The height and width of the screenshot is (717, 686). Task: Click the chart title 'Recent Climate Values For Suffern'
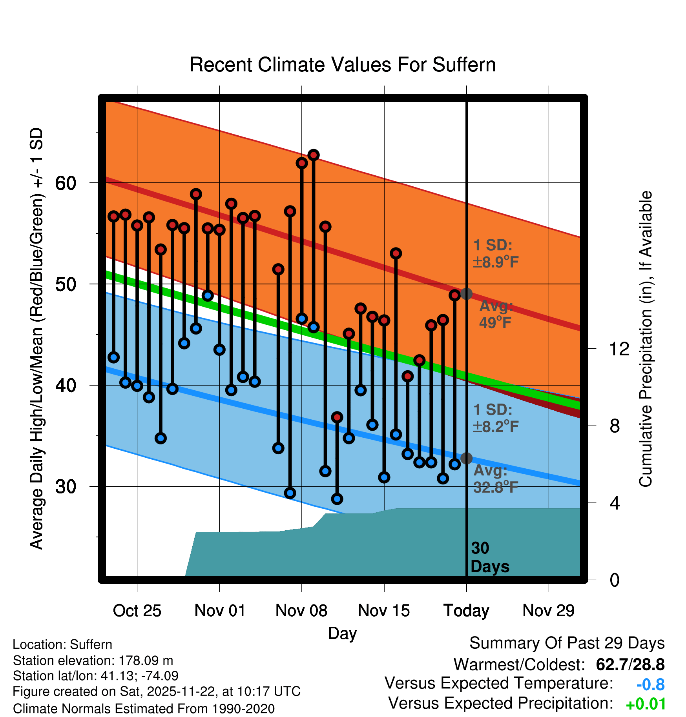[342, 65]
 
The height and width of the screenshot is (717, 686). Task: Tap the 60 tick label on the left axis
[66, 183]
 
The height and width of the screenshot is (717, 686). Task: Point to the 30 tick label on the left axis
[66, 487]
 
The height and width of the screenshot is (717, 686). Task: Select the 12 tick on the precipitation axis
[618, 349]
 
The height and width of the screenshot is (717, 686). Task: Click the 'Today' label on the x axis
[466, 611]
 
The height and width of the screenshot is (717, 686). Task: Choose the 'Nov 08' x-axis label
[301, 611]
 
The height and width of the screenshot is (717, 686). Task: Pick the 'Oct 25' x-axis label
[137, 611]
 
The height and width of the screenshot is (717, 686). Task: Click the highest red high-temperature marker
[313, 155]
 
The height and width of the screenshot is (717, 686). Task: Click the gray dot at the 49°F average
[466, 294]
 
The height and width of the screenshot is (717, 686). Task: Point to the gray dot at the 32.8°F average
[466, 458]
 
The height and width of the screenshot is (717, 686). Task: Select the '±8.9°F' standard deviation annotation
[496, 262]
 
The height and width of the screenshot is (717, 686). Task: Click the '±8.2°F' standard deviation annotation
[496, 426]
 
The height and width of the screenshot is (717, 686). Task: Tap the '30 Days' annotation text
[489, 557]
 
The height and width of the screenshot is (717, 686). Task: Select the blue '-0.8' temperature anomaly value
[650, 684]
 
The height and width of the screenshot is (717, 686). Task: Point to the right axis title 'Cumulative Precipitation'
[645, 339]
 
